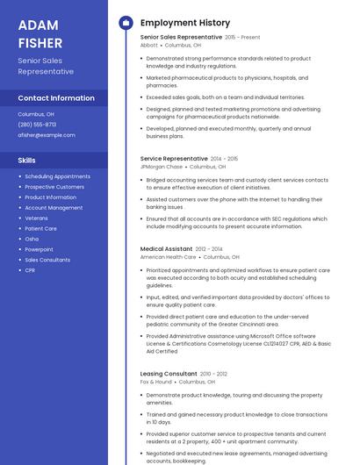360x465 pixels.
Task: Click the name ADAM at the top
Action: (x=38, y=24)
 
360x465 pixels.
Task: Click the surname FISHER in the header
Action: (x=40, y=42)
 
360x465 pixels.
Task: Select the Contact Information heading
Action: (x=56, y=98)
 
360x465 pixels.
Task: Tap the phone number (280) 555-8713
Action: (x=37, y=125)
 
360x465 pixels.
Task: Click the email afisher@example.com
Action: (x=47, y=135)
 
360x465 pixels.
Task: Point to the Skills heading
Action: (x=27, y=161)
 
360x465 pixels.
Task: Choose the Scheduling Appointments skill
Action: (x=57, y=176)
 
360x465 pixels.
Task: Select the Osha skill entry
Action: (x=32, y=239)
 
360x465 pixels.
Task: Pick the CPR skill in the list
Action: (x=31, y=270)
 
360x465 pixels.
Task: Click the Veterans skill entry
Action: (x=37, y=218)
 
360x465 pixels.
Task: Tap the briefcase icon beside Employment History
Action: (x=126, y=23)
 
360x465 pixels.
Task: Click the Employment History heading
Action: (x=185, y=23)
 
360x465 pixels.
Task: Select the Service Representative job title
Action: (x=174, y=159)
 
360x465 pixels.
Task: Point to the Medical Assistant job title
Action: (x=166, y=249)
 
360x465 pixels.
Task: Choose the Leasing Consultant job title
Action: (x=169, y=374)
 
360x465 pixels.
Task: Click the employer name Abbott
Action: (x=149, y=45)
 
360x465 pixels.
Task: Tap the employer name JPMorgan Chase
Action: (x=162, y=167)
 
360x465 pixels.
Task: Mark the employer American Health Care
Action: (x=168, y=257)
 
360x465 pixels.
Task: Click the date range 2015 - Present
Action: (x=242, y=38)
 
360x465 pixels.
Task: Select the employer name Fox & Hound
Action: (x=156, y=382)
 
